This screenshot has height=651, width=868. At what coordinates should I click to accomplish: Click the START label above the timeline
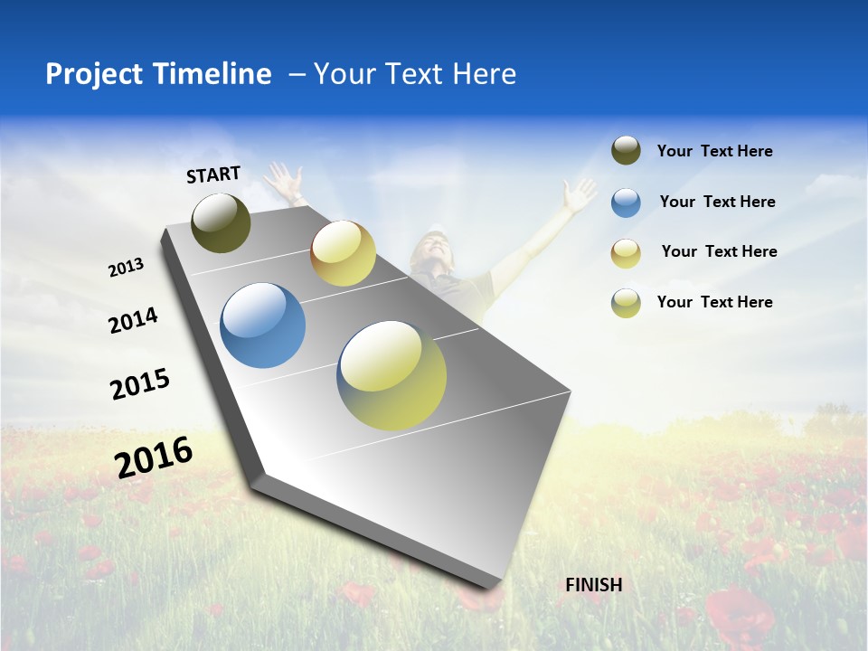coord(213,175)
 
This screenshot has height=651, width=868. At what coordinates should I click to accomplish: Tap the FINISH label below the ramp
coord(593,585)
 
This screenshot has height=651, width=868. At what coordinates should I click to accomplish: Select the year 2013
coord(127,267)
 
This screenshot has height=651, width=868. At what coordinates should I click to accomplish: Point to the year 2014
coord(134,320)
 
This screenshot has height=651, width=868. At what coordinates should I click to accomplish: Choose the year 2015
coord(140,384)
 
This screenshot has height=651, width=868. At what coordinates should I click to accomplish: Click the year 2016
coord(154,457)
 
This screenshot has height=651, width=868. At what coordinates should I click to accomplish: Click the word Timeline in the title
coord(212,74)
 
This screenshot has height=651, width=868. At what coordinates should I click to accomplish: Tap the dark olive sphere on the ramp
coord(222,222)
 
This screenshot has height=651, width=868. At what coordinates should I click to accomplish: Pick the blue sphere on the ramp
coord(263,325)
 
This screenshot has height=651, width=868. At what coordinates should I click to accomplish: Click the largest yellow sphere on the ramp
coord(392,375)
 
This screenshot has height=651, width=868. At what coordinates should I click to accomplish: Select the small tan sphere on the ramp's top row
coord(343,253)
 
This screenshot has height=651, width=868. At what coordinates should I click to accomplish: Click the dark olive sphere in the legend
coord(626,151)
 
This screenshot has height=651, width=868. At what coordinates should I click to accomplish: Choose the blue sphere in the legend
coord(626,203)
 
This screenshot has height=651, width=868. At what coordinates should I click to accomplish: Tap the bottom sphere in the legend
coord(626,303)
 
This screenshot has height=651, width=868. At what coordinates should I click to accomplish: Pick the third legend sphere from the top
coord(626,253)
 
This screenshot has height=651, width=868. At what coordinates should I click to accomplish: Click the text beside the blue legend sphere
coord(717,202)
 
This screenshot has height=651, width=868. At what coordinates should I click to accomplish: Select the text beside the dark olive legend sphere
coord(714,151)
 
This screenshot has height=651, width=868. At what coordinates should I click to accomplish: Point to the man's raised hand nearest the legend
coord(578,194)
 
